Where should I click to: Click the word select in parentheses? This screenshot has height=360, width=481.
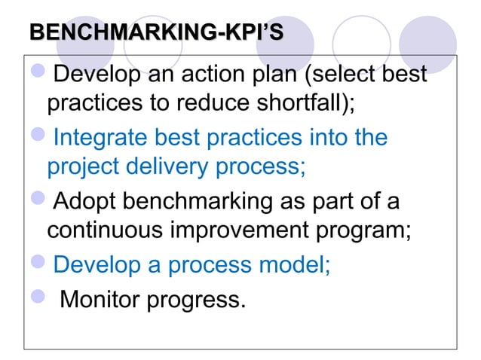point(335,76)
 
